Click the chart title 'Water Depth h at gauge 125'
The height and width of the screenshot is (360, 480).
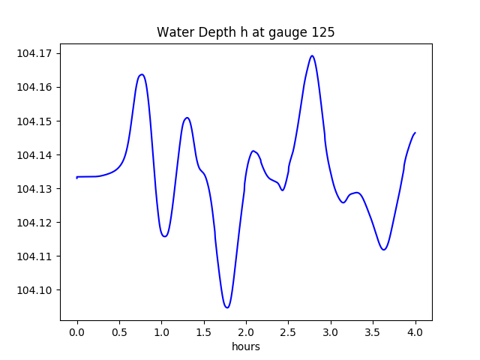tap(245, 32)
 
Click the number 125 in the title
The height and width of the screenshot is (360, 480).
tap(323, 32)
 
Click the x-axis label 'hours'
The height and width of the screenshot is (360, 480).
tap(245, 346)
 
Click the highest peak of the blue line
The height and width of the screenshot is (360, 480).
tap(312, 55)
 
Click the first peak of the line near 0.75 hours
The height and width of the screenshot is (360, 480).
tap(142, 74)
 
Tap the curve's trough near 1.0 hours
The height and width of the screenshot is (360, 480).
tap(164, 236)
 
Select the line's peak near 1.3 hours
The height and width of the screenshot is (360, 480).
tap(187, 118)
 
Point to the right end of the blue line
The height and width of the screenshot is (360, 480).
tap(415, 133)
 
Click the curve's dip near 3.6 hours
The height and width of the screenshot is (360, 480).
tap(384, 250)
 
